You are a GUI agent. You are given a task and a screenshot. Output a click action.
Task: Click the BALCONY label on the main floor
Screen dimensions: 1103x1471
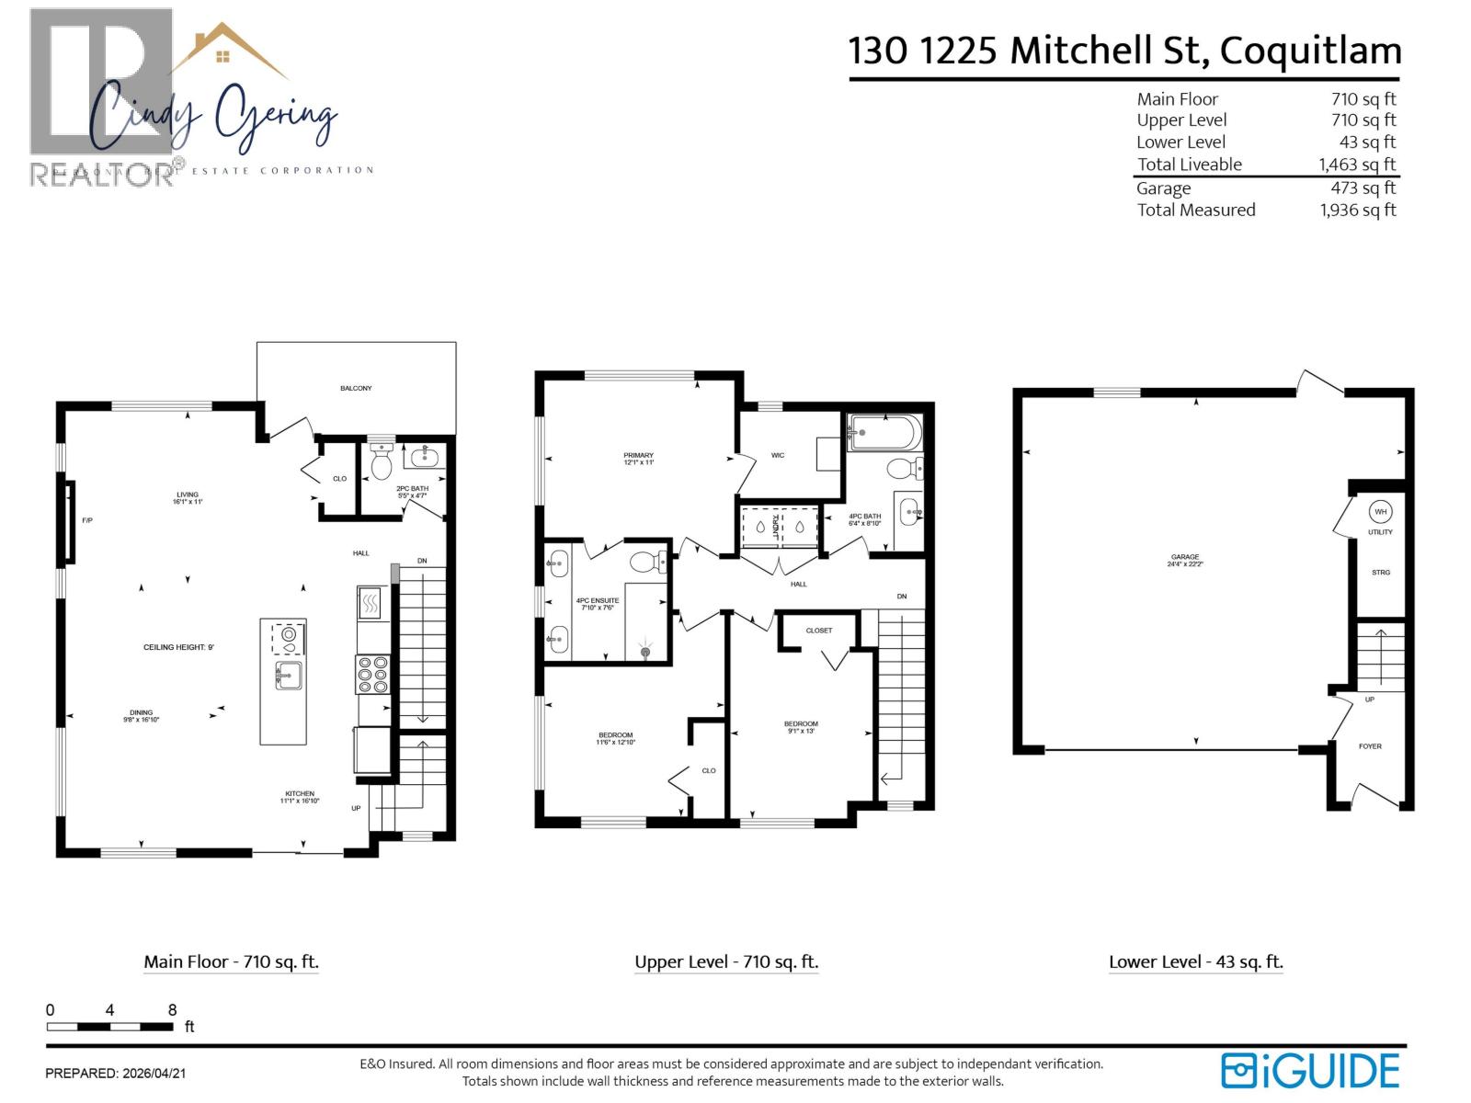point(356,388)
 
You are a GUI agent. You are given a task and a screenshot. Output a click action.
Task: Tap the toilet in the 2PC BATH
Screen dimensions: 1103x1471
point(381,463)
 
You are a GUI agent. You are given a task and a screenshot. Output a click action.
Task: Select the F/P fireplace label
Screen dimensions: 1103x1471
point(87,520)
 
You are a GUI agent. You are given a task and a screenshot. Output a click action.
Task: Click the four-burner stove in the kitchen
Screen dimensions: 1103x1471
point(372,674)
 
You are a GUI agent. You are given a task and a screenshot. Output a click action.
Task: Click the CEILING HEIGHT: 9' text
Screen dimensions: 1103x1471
point(178,647)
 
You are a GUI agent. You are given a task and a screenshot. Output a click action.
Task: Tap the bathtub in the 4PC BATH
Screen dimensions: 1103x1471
point(883,432)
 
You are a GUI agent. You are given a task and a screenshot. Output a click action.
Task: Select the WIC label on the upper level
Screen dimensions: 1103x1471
point(778,455)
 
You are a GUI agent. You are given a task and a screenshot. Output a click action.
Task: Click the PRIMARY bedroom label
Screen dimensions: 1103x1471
point(638,459)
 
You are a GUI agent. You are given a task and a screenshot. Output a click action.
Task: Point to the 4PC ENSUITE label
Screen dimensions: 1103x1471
point(598,604)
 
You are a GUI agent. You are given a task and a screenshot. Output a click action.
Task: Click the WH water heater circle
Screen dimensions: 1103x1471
point(1380,512)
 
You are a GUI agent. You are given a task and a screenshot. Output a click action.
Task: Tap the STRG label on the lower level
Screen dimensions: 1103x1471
point(1380,573)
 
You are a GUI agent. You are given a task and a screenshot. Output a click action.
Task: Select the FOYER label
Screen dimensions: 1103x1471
point(1370,746)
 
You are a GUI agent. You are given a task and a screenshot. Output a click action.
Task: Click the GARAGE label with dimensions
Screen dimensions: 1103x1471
point(1185,560)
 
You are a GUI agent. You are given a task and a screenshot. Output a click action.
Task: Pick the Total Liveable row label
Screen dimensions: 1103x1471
point(1189,165)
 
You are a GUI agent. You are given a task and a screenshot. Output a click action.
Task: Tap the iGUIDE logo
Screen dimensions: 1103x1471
point(1310,1071)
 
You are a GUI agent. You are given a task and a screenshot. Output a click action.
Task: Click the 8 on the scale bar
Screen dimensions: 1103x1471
point(172,1010)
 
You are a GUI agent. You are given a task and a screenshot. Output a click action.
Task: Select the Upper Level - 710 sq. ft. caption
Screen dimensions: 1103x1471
point(726,962)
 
